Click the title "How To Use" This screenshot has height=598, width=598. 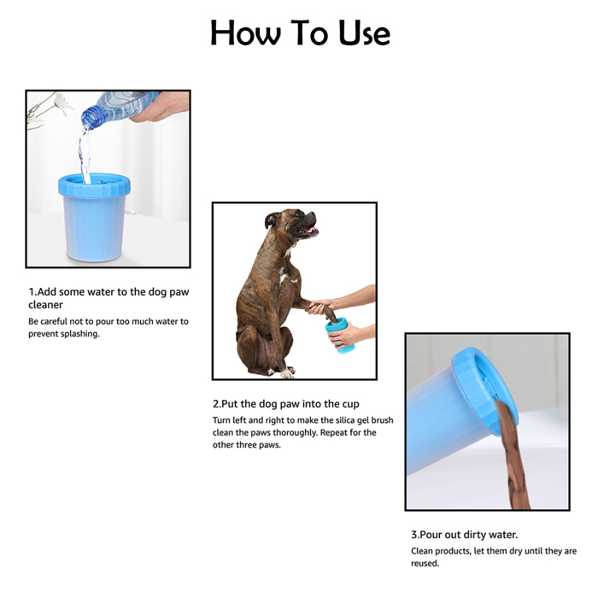[x=300, y=33]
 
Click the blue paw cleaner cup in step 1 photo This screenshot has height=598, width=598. [x=93, y=217]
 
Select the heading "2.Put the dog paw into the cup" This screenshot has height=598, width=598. [x=285, y=403]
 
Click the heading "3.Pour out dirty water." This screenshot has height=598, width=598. [x=464, y=534]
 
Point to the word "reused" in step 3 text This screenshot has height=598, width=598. [x=424, y=563]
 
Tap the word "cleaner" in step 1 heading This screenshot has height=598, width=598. [x=45, y=304]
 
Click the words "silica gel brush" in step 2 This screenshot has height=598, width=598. [x=359, y=420]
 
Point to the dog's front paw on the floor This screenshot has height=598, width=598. [x=286, y=372]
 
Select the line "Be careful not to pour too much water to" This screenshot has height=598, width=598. [x=108, y=321]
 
